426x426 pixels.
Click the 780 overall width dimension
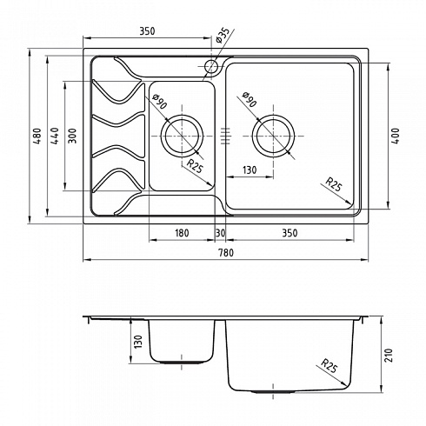click(x=226, y=253)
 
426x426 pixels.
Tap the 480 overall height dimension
click(x=37, y=136)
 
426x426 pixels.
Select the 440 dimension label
click(x=55, y=136)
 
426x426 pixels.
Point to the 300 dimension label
click(x=72, y=136)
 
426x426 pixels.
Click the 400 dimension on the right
click(x=396, y=136)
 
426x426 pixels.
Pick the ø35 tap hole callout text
click(x=223, y=36)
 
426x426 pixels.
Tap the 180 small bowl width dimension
click(x=182, y=233)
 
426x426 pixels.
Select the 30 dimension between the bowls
click(x=221, y=233)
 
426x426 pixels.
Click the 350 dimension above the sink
click(x=147, y=30)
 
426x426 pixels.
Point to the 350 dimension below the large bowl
click(x=290, y=233)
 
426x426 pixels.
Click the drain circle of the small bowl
click(x=182, y=136)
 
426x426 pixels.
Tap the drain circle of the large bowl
click(x=273, y=136)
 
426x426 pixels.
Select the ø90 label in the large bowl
click(x=250, y=99)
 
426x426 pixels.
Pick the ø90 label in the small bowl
click(x=160, y=101)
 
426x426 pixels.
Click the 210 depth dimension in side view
click(x=389, y=355)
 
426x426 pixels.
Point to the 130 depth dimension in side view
click(x=138, y=342)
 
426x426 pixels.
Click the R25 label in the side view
click(x=329, y=366)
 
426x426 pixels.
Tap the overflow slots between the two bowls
click(x=225, y=136)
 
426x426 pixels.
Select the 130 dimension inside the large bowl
click(x=250, y=170)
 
